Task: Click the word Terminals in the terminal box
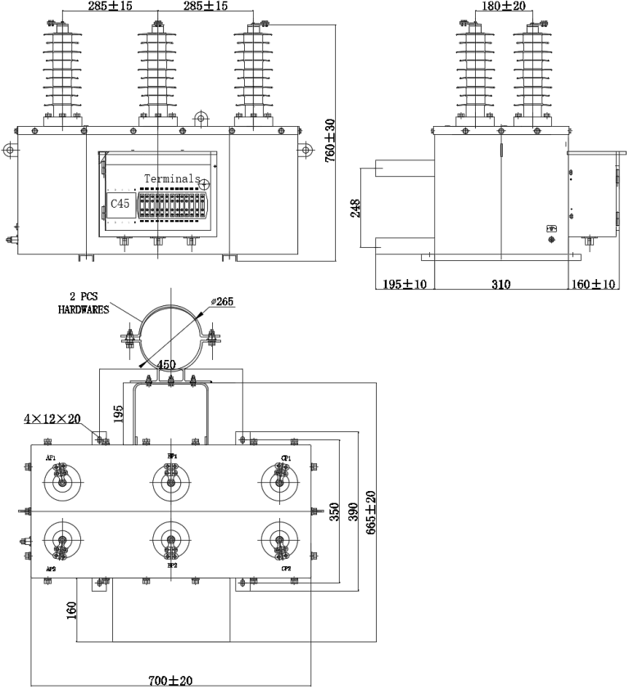(169, 178)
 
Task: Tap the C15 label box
(120, 203)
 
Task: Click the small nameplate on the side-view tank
(551, 229)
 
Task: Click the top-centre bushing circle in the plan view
(170, 481)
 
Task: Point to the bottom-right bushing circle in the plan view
(278, 541)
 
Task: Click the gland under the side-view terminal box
(588, 241)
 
